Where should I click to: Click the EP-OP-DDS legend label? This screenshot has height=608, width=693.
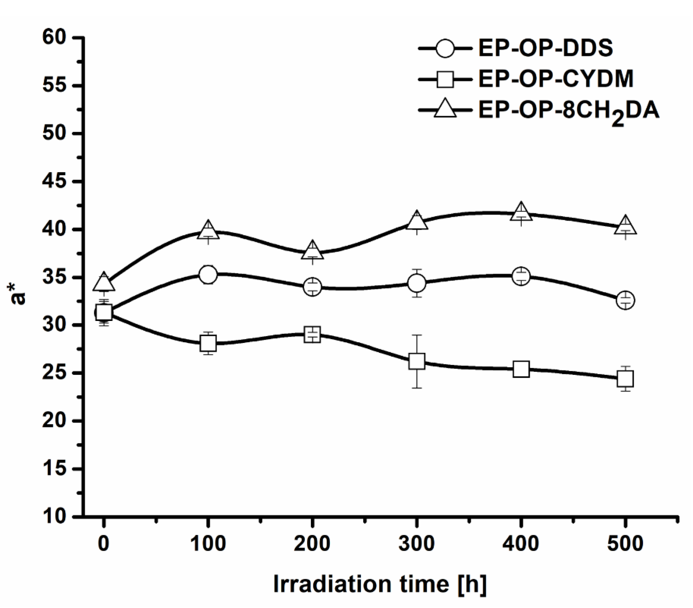tap(545, 48)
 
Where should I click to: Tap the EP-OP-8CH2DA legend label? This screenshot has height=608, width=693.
tap(568, 111)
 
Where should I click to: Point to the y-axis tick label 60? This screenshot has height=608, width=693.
tap(53, 37)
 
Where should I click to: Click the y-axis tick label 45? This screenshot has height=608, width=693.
tap(53, 181)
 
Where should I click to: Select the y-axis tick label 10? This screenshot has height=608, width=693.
tap(53, 516)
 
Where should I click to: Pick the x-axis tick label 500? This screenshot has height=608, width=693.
tap(625, 543)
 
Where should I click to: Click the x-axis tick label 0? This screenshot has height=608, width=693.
tap(104, 543)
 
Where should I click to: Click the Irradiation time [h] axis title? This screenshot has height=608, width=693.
tap(380, 584)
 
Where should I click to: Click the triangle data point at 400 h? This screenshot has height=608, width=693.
tap(521, 213)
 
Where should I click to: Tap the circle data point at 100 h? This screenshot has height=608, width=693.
tap(208, 275)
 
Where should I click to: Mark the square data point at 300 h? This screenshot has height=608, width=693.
tap(417, 361)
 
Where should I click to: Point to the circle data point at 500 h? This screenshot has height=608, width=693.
tap(625, 300)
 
